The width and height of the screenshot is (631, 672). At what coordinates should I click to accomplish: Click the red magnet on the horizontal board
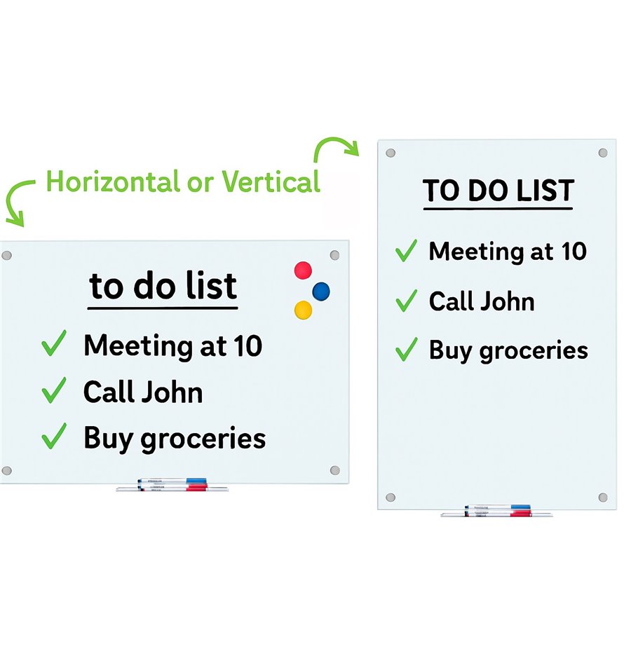[303, 270]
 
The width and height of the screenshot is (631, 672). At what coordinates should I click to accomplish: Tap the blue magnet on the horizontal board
[321, 292]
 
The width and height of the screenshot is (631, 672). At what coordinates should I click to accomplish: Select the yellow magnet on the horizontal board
[303, 310]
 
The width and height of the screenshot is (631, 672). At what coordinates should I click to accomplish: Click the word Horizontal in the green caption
[112, 181]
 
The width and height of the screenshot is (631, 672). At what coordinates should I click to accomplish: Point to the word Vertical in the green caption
[271, 181]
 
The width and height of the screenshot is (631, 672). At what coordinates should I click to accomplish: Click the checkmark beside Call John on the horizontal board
[54, 390]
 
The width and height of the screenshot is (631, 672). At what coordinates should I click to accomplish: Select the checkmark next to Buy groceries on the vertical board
[406, 349]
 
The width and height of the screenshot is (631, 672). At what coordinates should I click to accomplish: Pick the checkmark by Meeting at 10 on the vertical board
[406, 250]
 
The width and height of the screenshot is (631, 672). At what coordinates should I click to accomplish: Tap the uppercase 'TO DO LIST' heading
[498, 191]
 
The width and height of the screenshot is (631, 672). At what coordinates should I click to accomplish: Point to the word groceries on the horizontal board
[203, 440]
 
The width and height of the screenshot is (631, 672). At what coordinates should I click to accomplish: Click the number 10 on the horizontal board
[247, 346]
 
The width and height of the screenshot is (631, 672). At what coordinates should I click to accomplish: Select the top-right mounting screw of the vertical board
[603, 153]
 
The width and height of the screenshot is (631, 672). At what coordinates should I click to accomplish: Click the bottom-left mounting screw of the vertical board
[390, 497]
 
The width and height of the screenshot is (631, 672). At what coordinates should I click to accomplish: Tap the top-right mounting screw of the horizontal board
[335, 255]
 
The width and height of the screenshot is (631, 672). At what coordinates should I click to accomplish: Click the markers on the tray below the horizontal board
[172, 484]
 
